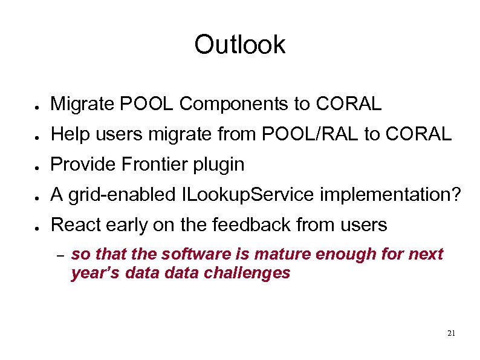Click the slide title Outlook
[239, 45]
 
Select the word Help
[67, 134]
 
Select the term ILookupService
[248, 195]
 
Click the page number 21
[451, 333]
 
